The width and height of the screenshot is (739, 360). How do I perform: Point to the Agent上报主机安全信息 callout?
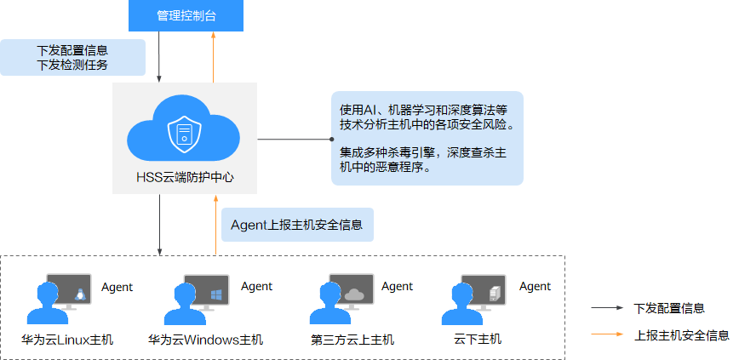[x=296, y=225]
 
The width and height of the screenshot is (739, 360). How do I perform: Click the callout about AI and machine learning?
[x=426, y=139]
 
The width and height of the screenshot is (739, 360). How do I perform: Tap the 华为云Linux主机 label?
[x=67, y=340]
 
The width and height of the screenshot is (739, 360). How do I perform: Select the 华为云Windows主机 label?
[x=205, y=340]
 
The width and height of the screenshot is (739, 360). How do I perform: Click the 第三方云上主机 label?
[x=352, y=340]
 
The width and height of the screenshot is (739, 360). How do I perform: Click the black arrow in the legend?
[x=608, y=308]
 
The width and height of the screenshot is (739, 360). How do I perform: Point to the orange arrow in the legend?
[x=608, y=334]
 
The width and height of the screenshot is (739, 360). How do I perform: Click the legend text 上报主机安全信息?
[x=681, y=334]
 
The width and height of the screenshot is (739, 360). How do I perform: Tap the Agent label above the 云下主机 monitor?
[x=536, y=287]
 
